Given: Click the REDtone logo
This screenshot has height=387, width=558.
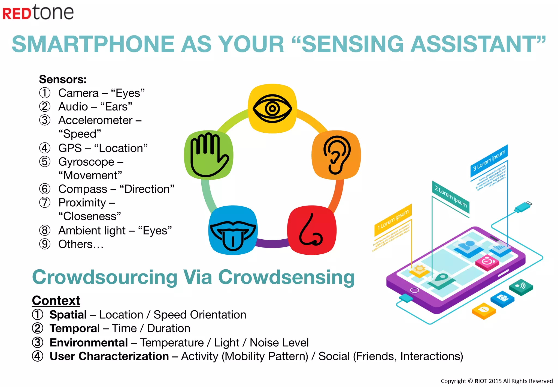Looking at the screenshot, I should click(38, 13).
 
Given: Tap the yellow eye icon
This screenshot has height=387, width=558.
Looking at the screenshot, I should click(272, 108).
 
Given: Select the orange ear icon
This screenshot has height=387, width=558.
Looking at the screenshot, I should click(336, 155).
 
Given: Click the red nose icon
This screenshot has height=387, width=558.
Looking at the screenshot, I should click(312, 230).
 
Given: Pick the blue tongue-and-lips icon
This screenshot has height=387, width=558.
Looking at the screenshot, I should click(233, 230).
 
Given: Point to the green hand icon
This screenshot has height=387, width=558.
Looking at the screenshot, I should click(209, 155).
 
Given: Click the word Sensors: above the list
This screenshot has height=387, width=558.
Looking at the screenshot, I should click(63, 79).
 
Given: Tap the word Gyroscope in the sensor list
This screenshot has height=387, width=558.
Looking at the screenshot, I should click(86, 162).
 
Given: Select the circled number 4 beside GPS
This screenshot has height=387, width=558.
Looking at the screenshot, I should click(45, 148).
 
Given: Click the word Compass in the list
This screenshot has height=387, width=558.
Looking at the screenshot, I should click(83, 189).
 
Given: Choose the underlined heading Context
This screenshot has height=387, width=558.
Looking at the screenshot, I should click(56, 300).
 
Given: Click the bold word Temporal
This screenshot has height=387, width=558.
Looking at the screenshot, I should click(75, 328).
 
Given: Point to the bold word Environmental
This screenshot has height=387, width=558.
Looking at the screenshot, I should click(89, 343).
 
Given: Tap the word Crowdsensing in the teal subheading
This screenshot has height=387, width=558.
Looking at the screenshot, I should click(286, 277).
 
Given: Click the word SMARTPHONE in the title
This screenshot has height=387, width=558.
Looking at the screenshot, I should click(93, 44).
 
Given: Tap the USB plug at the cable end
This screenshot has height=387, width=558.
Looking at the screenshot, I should click(523, 207).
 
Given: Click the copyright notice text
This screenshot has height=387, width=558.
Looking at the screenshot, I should click(496, 381).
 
